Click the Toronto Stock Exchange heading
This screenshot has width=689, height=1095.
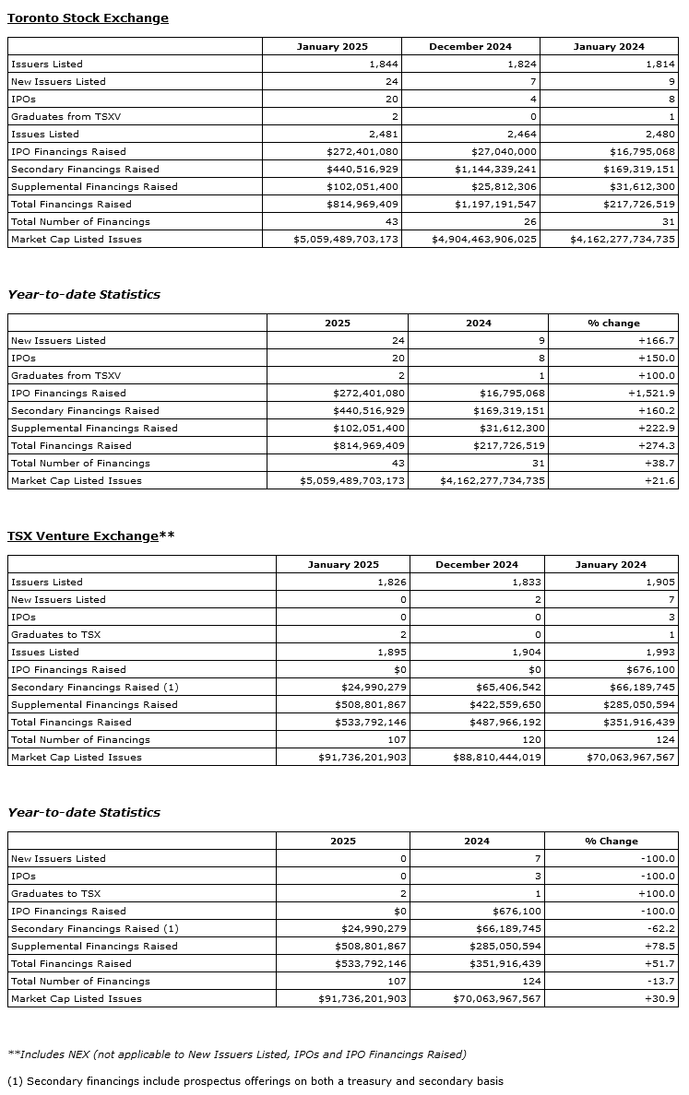(88, 18)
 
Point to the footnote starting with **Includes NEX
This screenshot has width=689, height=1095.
(236, 1054)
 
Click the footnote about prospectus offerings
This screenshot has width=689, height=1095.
(255, 1081)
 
